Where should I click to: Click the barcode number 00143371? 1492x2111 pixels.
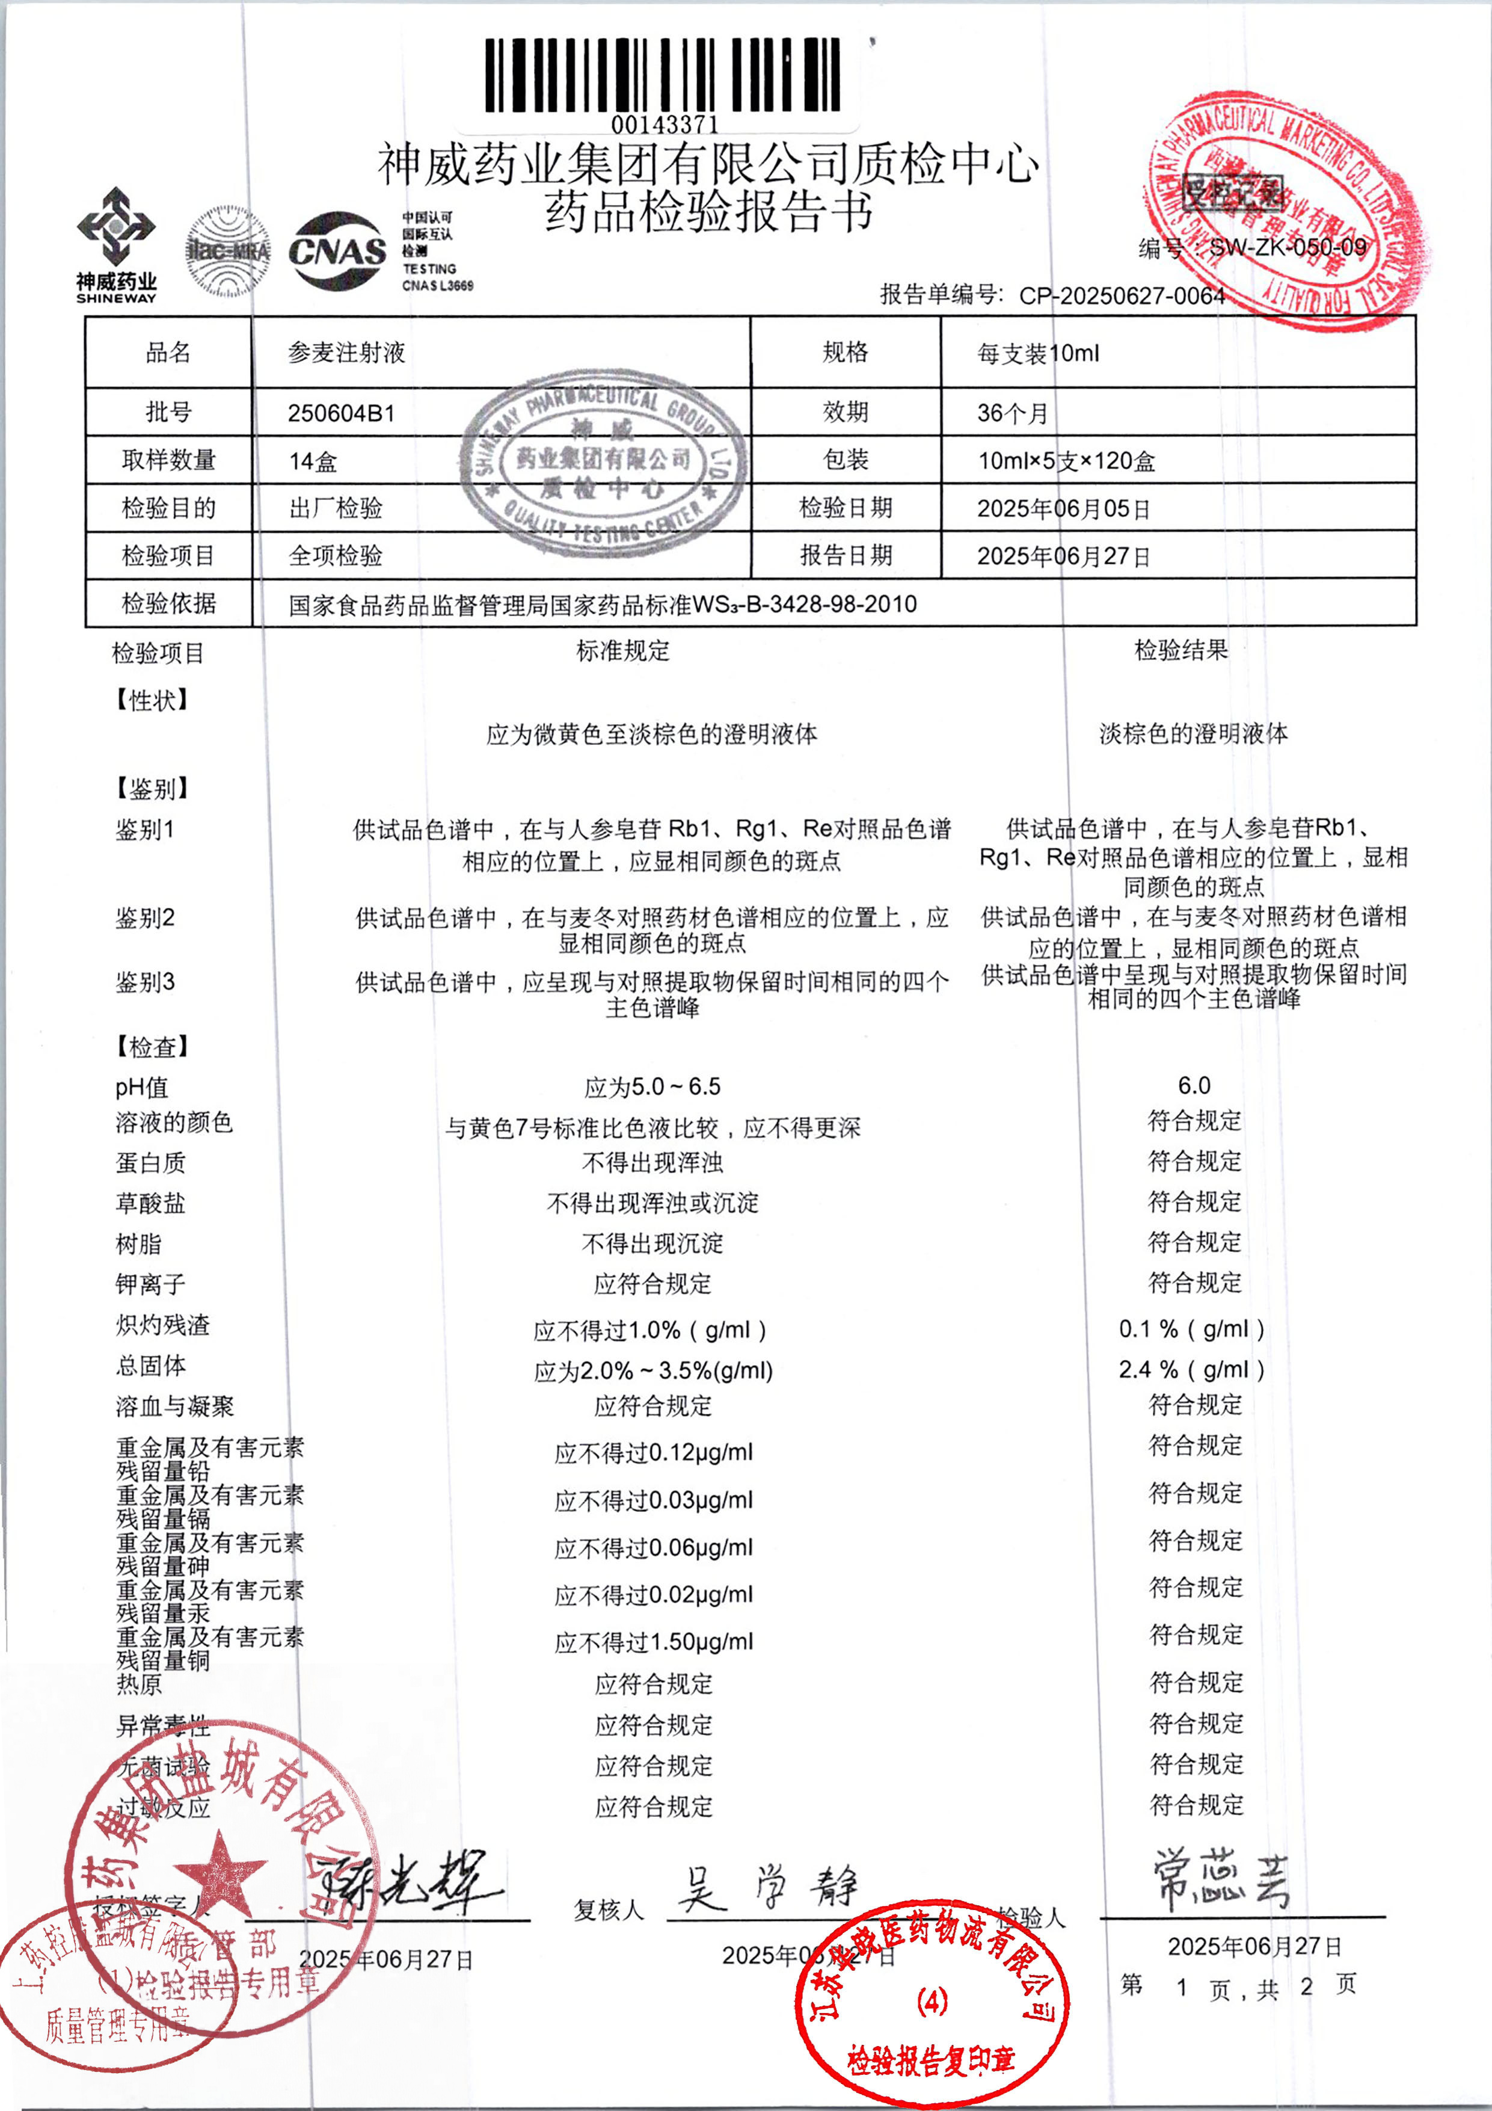tap(664, 123)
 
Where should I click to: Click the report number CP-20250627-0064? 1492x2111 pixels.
tap(1122, 296)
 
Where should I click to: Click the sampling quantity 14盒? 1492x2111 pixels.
tap(313, 461)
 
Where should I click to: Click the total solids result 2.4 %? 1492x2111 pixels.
tap(1191, 1370)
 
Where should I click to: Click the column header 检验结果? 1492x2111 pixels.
tap(1180, 651)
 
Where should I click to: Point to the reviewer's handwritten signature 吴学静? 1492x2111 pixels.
tap(767, 1890)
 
